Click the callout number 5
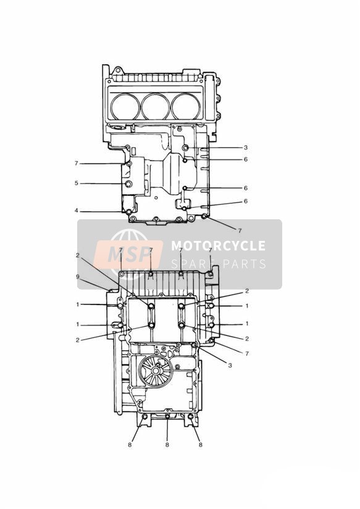click(77, 183)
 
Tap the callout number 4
click(77, 211)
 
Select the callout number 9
click(77, 277)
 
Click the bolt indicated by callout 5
click(128, 184)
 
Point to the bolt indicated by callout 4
click(129, 212)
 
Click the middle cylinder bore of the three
click(156, 107)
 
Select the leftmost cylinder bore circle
click(125, 107)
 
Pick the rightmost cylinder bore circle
click(186, 107)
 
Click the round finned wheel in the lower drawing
click(156, 371)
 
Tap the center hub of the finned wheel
click(156, 371)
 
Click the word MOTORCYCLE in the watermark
click(219, 246)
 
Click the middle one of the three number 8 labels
click(167, 445)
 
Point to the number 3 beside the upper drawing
click(246, 148)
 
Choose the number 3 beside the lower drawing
click(230, 365)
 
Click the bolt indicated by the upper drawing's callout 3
click(185, 148)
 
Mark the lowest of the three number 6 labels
click(246, 201)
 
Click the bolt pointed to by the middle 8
click(167, 416)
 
